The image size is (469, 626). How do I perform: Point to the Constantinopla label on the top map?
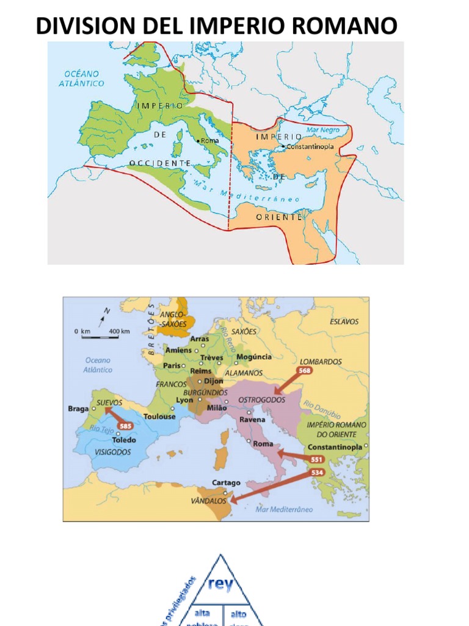coord(312,147)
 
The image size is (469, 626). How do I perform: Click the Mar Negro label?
coord(322,130)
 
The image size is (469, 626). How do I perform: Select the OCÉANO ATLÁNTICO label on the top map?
coord(81,78)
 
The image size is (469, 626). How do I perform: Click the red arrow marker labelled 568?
coord(304,370)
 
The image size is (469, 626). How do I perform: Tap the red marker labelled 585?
coord(125,426)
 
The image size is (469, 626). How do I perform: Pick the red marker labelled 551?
coord(316,460)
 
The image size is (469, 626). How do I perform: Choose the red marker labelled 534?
coord(317,472)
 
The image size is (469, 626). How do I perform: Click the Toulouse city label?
coord(159,416)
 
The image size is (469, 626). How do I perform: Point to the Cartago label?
coord(226,482)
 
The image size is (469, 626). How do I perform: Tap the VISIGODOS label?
coord(112,452)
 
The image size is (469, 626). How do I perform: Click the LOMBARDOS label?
coord(321,361)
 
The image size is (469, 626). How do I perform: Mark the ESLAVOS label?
coord(344,322)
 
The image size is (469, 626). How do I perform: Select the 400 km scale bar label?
coord(119,331)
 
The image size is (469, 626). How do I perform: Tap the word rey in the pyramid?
coord(220,584)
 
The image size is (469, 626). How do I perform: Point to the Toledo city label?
coord(124,440)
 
